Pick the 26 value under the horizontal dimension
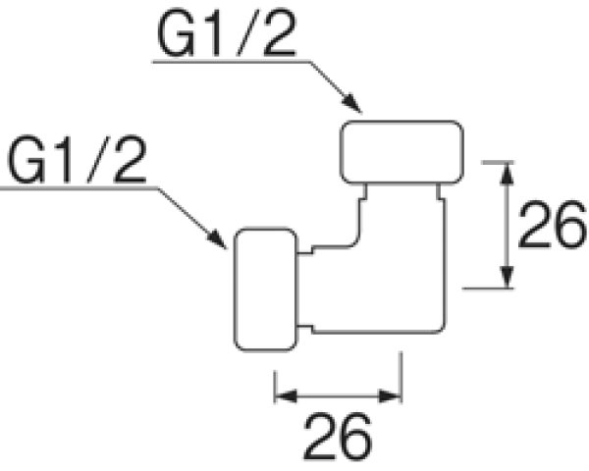(x=338, y=436)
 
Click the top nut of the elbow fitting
(x=402, y=149)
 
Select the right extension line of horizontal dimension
(x=400, y=378)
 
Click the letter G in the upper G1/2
(x=175, y=36)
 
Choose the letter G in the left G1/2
(x=27, y=163)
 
